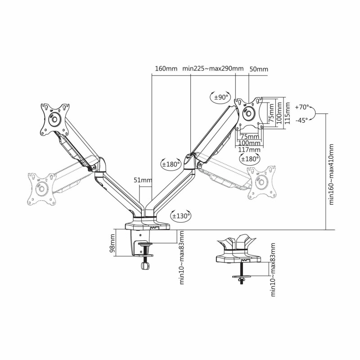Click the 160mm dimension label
coord(166,69)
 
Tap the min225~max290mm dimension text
coord(213,68)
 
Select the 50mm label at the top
coord(259,69)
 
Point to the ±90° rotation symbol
coord(220,97)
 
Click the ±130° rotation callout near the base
coord(181,216)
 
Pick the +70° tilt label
coord(302,107)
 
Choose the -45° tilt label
coord(301,120)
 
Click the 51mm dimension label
coord(143,180)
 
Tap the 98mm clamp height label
coord(112,243)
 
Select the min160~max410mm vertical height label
coord(331,174)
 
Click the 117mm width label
coord(249,150)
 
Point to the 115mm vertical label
coord(287,113)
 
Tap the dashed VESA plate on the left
coord(41,189)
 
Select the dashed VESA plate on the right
coord(262,182)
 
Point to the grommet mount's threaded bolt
coord(242,273)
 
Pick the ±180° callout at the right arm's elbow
coord(171,164)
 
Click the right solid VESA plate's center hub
coord(248,113)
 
